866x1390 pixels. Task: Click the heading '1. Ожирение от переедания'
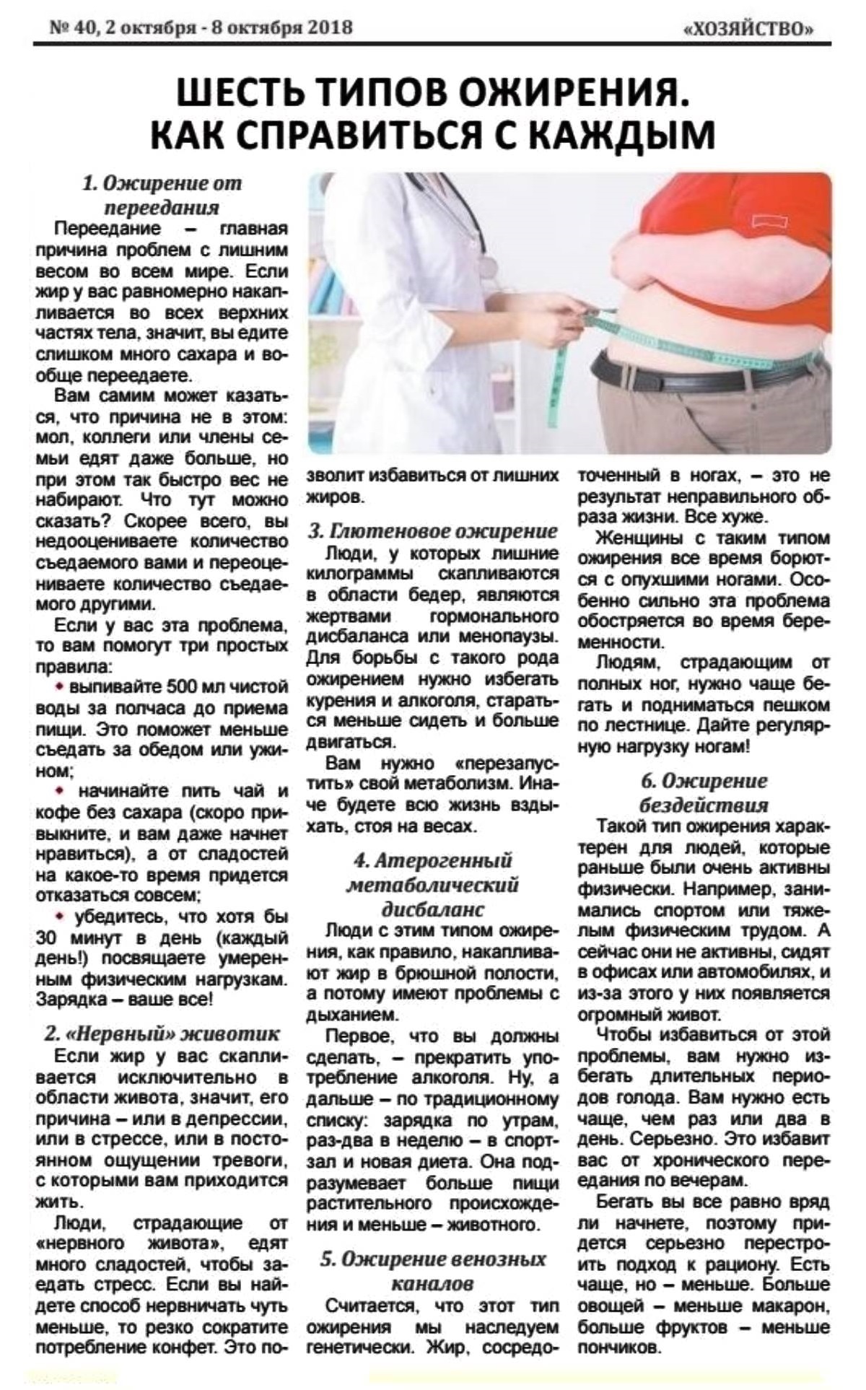pyautogui.click(x=162, y=195)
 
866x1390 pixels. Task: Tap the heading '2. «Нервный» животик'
pyautogui.click(x=162, y=1033)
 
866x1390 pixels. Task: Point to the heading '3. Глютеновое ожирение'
pyautogui.click(x=433, y=531)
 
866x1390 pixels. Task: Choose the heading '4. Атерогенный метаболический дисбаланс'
pyautogui.click(x=433, y=884)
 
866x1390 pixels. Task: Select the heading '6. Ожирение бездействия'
pyautogui.click(x=704, y=792)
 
